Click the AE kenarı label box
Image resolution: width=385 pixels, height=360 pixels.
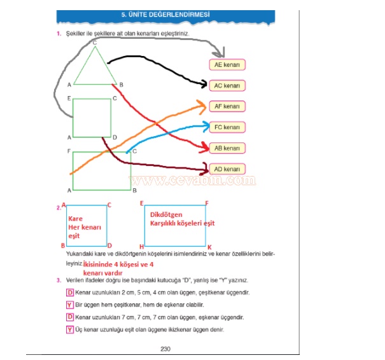(x=227, y=65)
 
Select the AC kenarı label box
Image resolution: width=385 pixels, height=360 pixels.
(x=227, y=85)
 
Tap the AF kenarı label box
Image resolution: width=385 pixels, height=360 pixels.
(x=227, y=106)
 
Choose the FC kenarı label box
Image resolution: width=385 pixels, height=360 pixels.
(x=227, y=127)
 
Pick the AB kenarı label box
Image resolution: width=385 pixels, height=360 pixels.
(x=227, y=148)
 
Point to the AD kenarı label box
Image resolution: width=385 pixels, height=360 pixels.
(x=227, y=169)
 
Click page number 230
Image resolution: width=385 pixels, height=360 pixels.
(x=166, y=348)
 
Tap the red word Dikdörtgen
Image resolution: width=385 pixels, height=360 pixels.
(x=167, y=215)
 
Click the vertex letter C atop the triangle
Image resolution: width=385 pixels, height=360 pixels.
(x=94, y=43)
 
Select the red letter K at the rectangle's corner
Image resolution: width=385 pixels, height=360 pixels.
(x=209, y=246)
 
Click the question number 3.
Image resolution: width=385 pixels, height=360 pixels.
(x=59, y=280)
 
